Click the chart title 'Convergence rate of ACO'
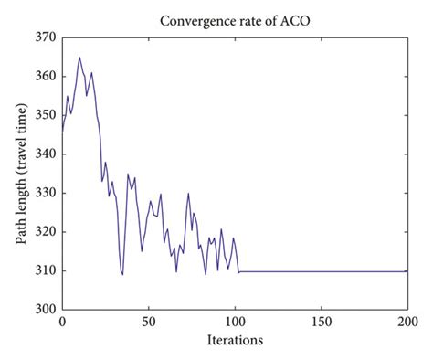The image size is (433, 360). click(x=235, y=19)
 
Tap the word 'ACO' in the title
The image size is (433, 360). click(x=293, y=19)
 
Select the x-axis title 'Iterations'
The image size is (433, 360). click(x=235, y=340)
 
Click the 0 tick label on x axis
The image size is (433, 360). click(x=62, y=322)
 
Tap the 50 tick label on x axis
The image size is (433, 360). click(x=148, y=322)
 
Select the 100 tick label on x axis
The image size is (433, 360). click(x=235, y=322)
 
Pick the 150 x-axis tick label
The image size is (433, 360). click(x=321, y=322)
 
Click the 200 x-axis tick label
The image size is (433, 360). click(x=407, y=322)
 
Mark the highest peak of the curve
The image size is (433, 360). click(x=79, y=58)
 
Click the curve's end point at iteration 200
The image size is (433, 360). click(x=407, y=271)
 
